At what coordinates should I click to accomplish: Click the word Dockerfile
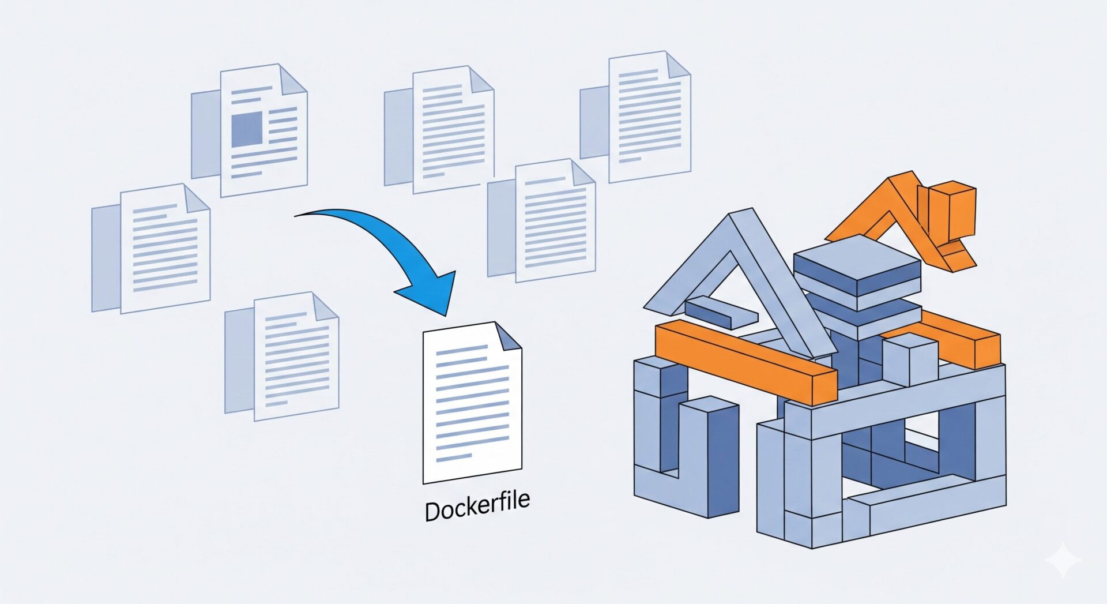477,507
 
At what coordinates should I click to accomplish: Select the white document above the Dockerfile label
472,402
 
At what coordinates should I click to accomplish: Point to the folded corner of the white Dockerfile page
508,336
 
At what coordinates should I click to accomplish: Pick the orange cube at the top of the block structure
951,211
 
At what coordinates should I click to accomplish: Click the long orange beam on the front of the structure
746,361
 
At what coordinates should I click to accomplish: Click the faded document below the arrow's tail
282,356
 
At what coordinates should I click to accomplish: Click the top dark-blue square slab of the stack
857,265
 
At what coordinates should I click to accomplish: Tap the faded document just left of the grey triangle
541,221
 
